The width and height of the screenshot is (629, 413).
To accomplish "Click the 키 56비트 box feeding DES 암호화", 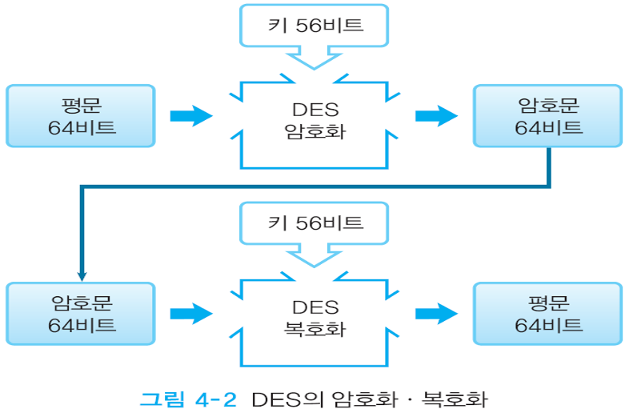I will click(314, 26).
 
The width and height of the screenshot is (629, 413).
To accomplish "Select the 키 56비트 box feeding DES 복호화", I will click(314, 223).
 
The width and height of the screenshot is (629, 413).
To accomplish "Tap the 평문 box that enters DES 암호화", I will click(80, 116).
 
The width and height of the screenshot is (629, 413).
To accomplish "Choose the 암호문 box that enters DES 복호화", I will click(80, 313).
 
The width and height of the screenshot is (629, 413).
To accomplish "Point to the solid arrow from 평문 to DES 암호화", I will click(191, 116).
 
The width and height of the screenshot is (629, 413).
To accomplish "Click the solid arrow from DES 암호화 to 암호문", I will click(436, 116).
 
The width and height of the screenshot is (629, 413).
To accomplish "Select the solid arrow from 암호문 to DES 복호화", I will click(191, 313).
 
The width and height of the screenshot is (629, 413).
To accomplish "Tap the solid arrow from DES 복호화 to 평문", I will click(436, 313).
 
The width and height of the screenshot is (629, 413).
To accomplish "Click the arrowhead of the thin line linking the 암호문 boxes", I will click(82, 274).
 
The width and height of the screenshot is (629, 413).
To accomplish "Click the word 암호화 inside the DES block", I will click(314, 130).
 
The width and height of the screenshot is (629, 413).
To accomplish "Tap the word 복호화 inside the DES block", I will click(314, 327).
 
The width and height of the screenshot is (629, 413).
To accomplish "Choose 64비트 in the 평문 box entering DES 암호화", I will click(80, 128).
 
